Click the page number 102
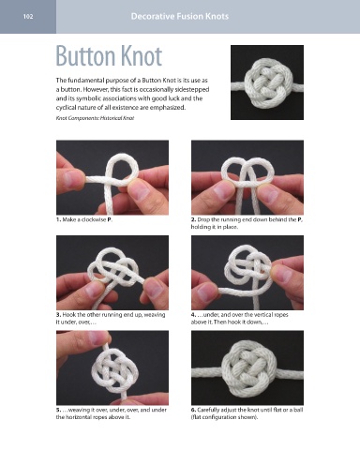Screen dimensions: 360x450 28,17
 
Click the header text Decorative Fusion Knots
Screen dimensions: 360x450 180,16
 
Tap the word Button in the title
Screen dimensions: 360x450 86,56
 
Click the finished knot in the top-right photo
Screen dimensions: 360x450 269,82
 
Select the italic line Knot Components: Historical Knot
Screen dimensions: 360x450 95,118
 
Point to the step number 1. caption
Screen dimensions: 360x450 58,219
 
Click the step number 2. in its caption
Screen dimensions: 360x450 193,219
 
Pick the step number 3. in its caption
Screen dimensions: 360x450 58,315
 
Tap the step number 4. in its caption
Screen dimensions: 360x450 193,315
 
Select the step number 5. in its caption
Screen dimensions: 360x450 58,410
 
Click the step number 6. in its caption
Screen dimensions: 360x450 193,410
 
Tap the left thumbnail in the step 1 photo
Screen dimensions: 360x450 71,179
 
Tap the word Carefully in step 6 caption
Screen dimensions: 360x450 209,410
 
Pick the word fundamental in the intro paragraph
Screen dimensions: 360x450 84,81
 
